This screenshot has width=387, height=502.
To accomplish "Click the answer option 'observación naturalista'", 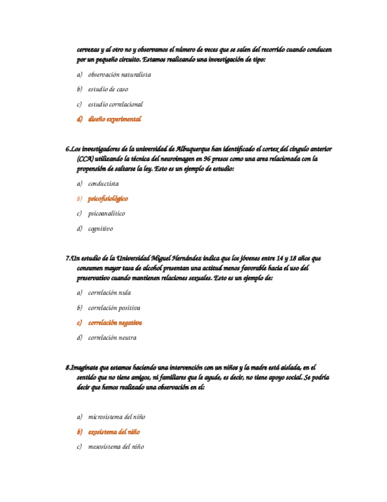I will [x=119, y=75].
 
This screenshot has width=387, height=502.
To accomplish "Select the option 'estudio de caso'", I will [x=108, y=89].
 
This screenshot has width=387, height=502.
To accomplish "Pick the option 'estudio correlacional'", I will [x=115, y=104].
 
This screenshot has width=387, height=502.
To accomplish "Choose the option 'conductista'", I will [x=103, y=184].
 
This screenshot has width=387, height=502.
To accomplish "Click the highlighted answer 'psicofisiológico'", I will [x=108, y=198].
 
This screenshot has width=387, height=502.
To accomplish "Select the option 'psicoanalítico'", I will [x=106, y=213].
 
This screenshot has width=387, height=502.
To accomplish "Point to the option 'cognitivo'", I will [x=100, y=228].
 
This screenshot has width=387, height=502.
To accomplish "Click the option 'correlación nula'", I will [x=109, y=292].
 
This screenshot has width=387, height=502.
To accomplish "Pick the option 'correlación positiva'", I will [x=114, y=308].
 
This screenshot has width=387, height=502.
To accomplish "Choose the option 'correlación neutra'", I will [x=112, y=338].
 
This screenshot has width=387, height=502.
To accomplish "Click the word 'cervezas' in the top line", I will [x=89, y=50].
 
